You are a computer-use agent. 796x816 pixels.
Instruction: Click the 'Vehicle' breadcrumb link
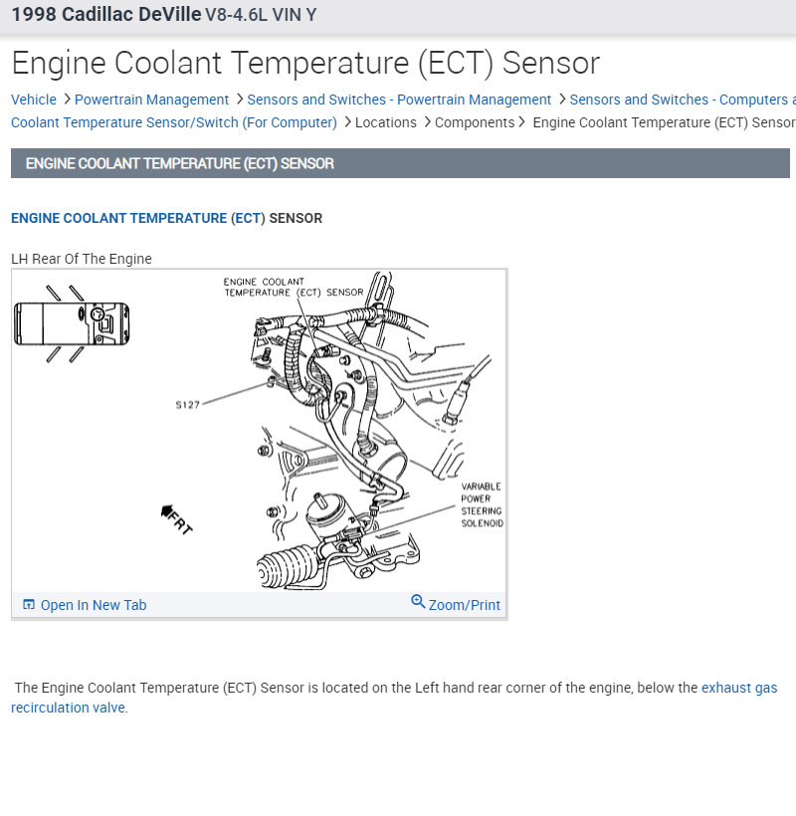point(34,100)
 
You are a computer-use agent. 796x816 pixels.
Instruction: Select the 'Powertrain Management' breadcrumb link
point(151,100)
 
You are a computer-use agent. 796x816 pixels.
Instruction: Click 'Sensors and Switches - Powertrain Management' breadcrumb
point(399,100)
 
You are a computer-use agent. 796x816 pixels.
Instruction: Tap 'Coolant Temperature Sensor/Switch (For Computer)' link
point(174,122)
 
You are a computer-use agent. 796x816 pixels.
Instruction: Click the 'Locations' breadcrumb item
point(386,122)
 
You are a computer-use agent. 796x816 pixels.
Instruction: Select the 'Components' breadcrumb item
point(475,122)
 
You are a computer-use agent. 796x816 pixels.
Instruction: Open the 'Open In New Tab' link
point(93,605)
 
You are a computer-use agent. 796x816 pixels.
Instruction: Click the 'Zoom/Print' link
point(464,605)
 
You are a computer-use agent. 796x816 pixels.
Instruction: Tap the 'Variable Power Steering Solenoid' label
point(482,505)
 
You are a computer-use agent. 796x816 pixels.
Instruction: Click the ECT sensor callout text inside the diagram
point(294,288)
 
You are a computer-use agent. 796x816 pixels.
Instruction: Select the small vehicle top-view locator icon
point(72,323)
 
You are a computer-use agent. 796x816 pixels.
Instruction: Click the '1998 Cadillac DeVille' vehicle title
point(105,15)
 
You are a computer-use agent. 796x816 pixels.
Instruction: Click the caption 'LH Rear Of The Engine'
point(82,259)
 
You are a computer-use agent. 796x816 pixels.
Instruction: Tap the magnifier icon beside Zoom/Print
point(418,603)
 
